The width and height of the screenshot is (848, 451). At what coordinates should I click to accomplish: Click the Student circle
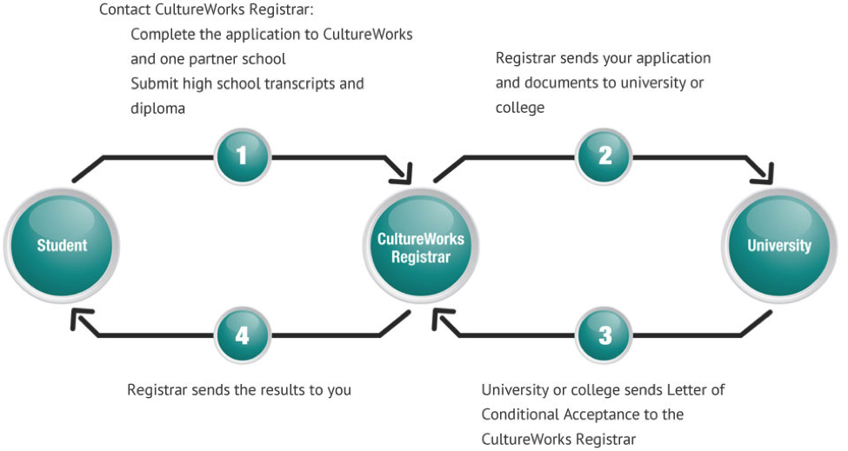tap(62, 245)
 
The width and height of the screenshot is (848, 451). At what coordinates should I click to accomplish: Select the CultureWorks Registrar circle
tap(421, 248)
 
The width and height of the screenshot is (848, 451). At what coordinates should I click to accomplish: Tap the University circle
tap(778, 245)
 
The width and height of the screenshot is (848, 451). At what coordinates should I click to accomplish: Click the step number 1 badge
tap(243, 156)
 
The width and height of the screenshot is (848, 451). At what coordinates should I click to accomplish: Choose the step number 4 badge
tap(243, 335)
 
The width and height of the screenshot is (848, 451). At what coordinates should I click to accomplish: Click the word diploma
tap(157, 109)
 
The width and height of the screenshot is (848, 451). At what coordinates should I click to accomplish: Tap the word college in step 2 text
tap(520, 108)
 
